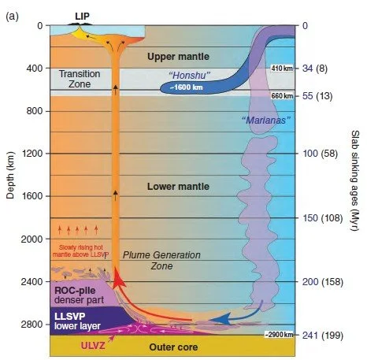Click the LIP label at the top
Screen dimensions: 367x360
82,17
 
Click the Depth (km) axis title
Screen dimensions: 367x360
10,176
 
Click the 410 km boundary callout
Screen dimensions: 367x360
282,69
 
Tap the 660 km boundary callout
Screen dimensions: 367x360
282,96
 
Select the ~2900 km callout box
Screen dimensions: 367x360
279,335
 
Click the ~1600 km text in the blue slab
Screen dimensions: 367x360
186,87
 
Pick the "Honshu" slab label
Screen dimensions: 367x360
189,76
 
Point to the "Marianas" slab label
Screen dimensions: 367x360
266,121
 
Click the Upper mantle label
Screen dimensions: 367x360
178,57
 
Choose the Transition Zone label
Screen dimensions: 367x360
80,79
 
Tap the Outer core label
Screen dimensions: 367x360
173,347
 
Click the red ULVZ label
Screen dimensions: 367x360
93,346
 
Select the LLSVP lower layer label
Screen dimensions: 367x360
77,321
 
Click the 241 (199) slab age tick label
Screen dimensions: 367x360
323,336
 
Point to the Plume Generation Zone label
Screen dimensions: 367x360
161,260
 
